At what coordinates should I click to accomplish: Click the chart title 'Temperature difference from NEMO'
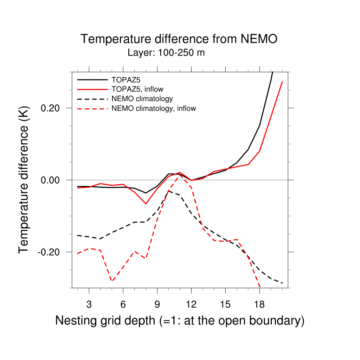pos(179,39)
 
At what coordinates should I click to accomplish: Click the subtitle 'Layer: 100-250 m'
pos(166,53)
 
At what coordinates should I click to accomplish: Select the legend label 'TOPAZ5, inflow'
pos(137,89)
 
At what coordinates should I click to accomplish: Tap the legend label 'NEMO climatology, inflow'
pos(154,109)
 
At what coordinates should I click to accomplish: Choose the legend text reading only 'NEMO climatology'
pos(142,98)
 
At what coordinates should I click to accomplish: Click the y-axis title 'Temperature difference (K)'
pos(24,180)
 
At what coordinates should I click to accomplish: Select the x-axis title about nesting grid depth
pos(180,321)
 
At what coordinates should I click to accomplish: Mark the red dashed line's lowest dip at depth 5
pos(112,281)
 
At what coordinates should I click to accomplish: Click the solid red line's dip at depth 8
pos(146,204)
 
